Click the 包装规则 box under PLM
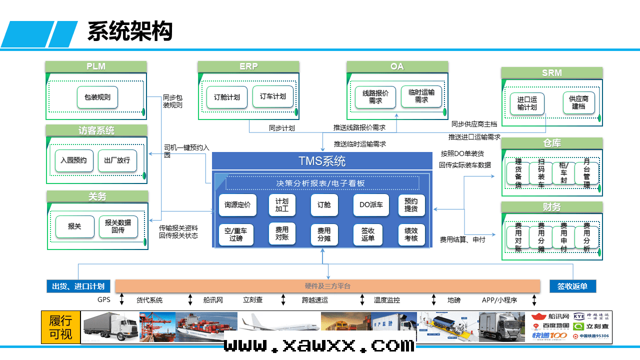coord(97,97)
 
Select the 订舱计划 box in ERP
coord(227,97)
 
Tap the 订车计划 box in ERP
coord(273,96)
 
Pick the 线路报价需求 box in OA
coord(375,96)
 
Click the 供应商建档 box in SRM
coord(578,102)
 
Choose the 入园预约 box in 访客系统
coord(74,160)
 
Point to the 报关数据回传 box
coord(118,226)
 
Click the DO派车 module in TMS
coord(371,204)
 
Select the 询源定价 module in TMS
coord(237,204)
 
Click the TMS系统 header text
coord(322,161)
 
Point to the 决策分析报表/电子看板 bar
coord(321,183)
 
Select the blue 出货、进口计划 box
coord(78,286)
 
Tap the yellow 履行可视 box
coord(60,327)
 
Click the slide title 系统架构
coord(130,31)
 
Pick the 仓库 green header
coord(552,143)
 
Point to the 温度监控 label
coord(387,300)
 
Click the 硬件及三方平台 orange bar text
coord(327,286)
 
